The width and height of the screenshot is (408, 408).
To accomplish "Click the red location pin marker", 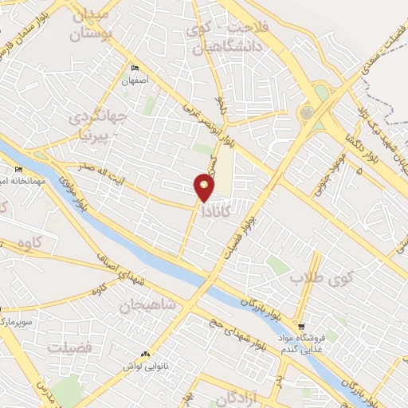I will [205, 187].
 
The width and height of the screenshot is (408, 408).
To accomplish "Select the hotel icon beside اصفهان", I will [135, 69].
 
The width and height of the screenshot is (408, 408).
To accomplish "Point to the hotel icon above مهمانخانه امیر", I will [19, 170].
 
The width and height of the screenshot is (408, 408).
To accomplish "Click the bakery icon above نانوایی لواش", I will [144, 354].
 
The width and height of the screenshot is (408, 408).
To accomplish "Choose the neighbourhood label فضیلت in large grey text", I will [70, 347].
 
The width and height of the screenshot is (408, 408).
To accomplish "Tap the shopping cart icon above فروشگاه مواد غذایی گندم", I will [301, 327].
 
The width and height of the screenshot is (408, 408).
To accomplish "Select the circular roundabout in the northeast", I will [307, 113].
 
